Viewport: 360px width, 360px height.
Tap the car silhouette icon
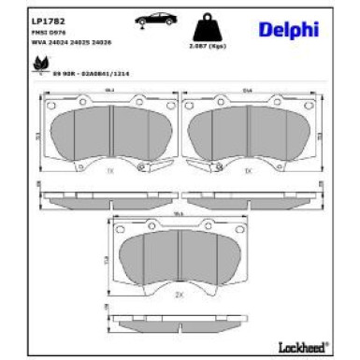(153, 20)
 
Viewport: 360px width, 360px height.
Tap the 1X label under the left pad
(110, 172)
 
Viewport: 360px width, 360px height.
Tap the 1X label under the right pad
(247, 172)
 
